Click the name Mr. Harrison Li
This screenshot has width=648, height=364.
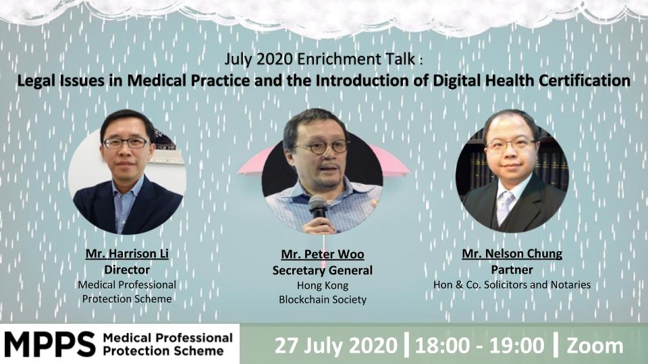coord(127,253)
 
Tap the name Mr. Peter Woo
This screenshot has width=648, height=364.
coord(323,254)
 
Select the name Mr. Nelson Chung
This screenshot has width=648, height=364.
coord(512,253)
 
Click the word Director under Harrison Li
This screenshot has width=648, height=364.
coord(127,270)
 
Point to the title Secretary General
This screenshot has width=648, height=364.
coord(323,270)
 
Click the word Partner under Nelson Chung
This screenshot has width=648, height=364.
coord(512,270)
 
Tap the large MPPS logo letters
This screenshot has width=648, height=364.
coord(50,344)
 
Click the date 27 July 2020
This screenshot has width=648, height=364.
coord(335,345)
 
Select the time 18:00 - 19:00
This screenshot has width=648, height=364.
coord(479,345)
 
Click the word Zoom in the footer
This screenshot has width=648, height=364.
coord(595,346)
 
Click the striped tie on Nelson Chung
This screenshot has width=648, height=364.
coord(505,207)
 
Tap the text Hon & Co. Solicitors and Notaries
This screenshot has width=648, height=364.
coord(512,284)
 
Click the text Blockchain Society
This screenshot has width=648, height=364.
coord(323,299)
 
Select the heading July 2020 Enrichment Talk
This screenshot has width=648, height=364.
coord(319,59)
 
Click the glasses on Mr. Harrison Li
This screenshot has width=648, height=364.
coord(126,143)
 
